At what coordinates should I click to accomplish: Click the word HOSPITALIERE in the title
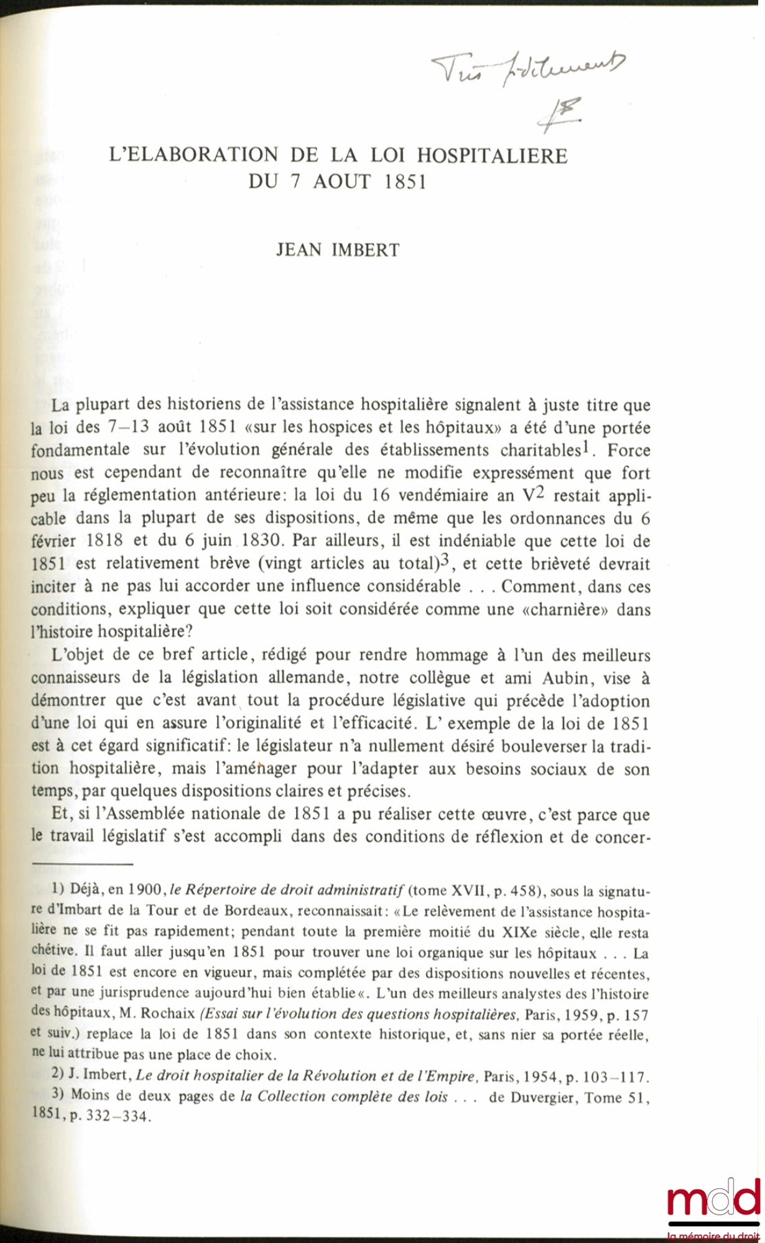[x=492, y=155]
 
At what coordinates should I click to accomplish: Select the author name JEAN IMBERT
[x=338, y=250]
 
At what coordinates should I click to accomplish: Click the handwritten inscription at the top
[x=529, y=67]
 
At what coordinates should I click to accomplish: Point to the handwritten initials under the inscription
[x=560, y=114]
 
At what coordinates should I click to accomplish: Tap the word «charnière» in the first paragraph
[x=566, y=609]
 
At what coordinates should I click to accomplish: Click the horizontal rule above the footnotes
[x=82, y=864]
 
